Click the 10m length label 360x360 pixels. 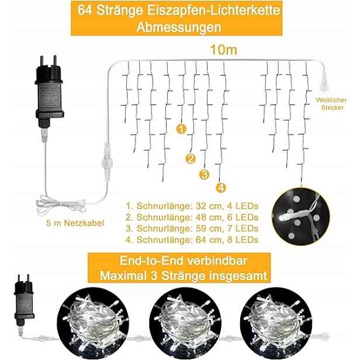224,50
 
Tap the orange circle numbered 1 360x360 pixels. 181,129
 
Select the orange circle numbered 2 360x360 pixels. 191,158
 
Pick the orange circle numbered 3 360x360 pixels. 204,174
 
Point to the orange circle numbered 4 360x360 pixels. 221,188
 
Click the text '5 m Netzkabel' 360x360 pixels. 75,223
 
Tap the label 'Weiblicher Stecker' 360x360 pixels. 331,104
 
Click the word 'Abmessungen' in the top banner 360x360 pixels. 179,27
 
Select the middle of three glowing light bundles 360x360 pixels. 187,323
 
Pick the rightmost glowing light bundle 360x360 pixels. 276,323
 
